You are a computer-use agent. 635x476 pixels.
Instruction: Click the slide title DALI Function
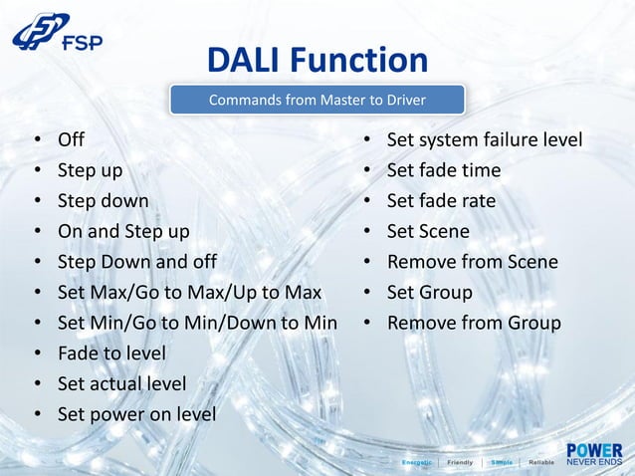317,61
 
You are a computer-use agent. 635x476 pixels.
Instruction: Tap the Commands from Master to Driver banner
317,100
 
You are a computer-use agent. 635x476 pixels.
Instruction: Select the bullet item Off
71,139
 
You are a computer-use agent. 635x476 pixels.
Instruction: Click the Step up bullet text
91,170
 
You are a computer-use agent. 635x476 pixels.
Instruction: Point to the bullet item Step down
103,201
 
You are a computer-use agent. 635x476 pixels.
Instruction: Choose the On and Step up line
123,232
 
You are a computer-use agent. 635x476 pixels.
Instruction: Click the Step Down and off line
136,263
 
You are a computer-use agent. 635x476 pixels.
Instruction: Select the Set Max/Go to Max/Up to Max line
189,293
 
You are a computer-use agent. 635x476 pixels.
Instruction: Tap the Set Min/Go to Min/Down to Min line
197,324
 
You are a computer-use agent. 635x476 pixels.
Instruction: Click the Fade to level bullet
111,354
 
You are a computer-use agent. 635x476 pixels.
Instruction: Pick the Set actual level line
121,383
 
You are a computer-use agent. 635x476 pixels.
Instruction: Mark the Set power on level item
136,414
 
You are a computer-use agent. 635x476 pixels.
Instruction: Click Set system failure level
485,139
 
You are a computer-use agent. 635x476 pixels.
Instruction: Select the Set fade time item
444,170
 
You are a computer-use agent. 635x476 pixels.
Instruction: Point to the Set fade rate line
441,201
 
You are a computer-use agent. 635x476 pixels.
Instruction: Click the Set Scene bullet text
428,232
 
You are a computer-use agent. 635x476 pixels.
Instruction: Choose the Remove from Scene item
472,263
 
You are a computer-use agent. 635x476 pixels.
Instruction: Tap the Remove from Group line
474,324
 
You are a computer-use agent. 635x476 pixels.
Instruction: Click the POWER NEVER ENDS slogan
594,455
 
